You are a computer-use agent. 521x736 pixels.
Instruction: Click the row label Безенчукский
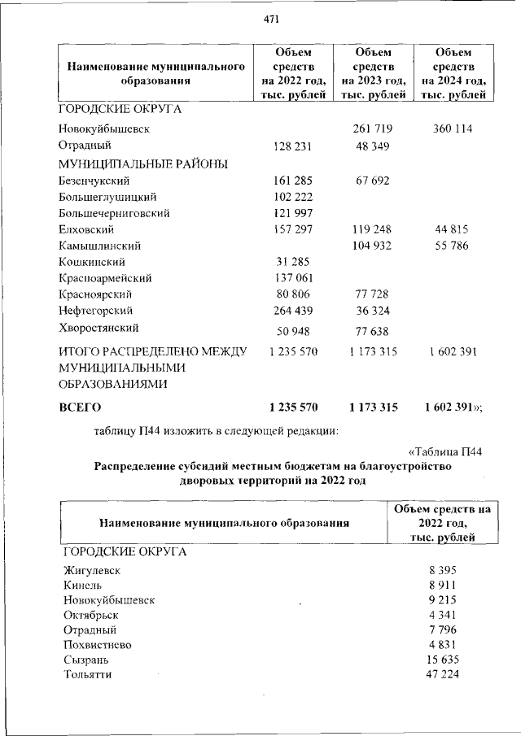tap(94, 181)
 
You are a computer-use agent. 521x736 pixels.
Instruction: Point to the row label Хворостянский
tap(98, 328)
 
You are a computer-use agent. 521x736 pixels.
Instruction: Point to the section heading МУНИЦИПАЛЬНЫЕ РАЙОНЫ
tap(142, 163)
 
